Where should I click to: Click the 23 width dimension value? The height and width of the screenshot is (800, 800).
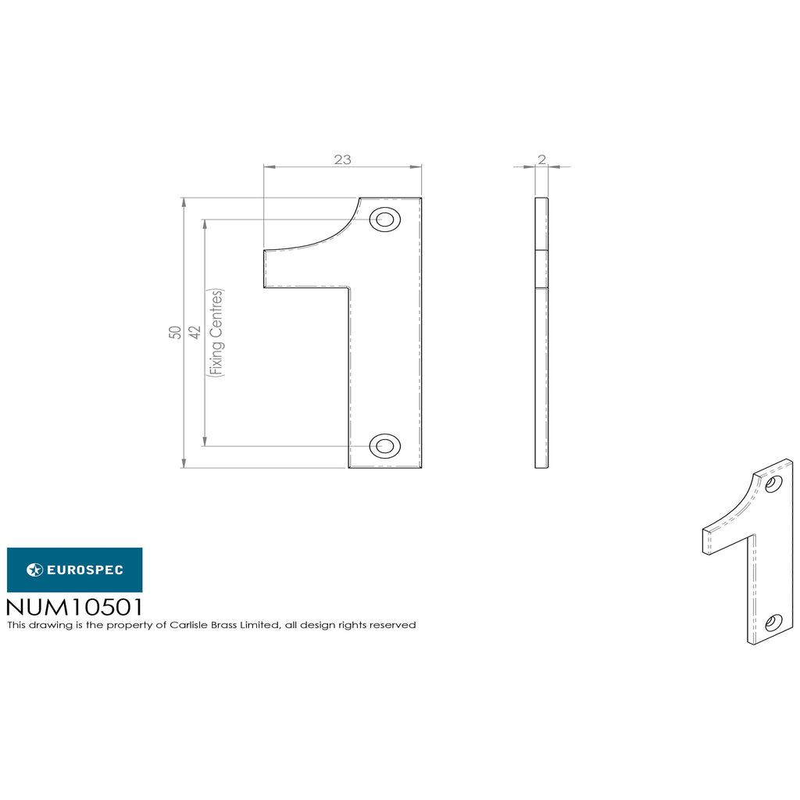[x=343, y=159]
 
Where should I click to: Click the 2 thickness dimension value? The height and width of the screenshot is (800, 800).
[x=542, y=159]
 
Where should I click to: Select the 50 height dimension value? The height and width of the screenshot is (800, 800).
[x=175, y=333]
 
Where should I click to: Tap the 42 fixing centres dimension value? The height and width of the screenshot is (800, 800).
[x=195, y=333]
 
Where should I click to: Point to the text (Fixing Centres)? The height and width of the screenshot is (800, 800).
[x=216, y=333]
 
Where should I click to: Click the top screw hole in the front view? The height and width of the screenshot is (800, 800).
[x=384, y=220]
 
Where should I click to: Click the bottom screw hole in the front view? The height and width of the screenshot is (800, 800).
[x=384, y=446]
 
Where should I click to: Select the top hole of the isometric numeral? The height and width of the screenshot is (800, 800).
[x=773, y=483]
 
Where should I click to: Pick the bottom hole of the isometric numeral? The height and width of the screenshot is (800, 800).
[x=773, y=623]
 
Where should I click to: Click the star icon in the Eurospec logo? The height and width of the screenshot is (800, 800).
[x=34, y=570]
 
